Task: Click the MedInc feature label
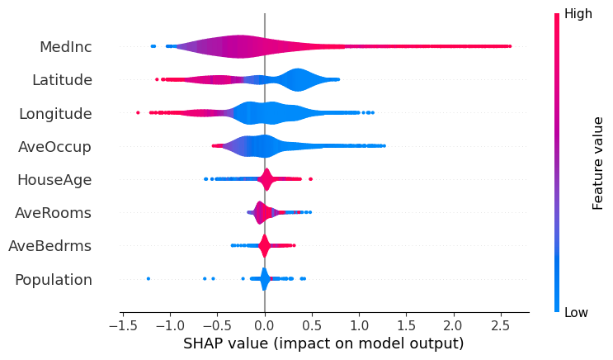(x=65, y=47)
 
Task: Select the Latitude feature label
(x=62, y=80)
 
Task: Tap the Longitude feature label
(x=55, y=113)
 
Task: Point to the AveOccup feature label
(x=54, y=147)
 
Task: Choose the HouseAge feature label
(x=54, y=180)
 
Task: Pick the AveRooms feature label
(x=53, y=213)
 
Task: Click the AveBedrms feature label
(x=50, y=246)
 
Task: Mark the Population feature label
(x=54, y=280)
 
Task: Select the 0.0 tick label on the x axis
(x=264, y=324)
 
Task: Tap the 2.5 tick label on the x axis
(x=500, y=324)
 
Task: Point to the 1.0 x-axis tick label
(x=359, y=324)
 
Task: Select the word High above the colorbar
(x=578, y=14)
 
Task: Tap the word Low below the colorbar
(x=577, y=313)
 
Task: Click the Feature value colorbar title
(x=599, y=163)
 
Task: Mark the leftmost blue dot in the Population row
(x=149, y=279)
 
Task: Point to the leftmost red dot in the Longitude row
(x=138, y=112)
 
